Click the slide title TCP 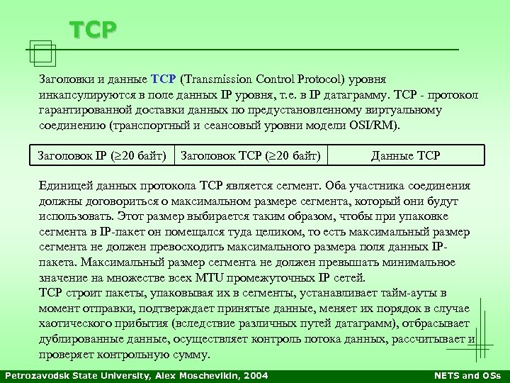93,30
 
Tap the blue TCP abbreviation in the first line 164,78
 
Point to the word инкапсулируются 84,94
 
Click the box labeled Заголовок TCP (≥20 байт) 251,155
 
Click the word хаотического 75,323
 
